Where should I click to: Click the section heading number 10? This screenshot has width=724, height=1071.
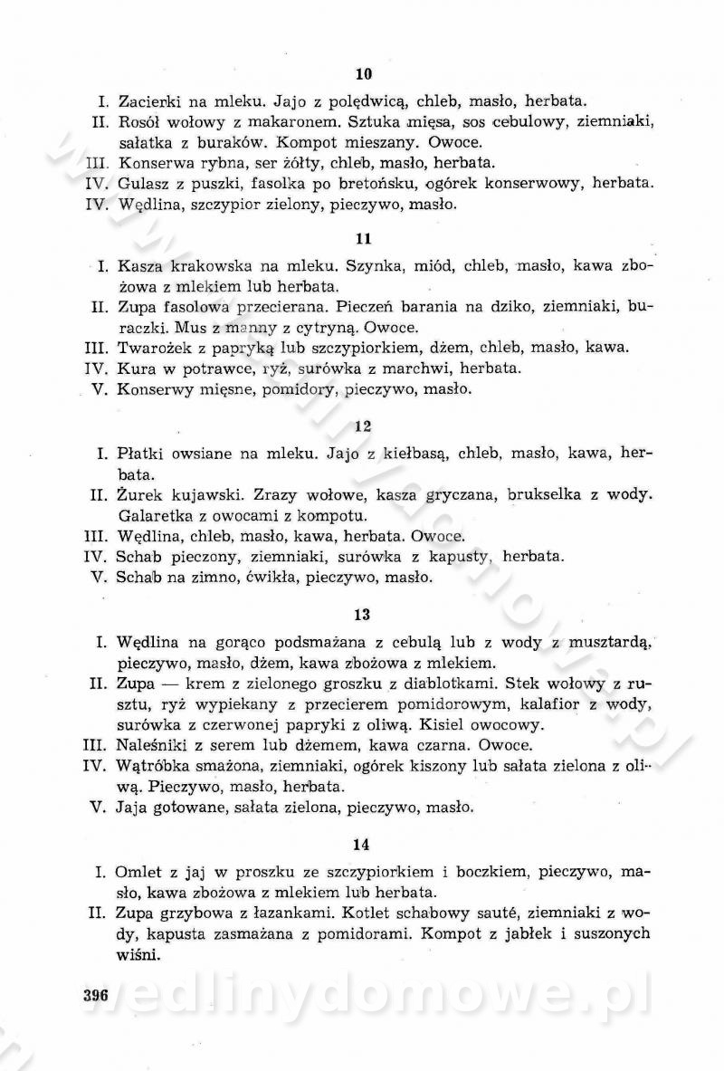363,74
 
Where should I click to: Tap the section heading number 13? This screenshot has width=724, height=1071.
363,615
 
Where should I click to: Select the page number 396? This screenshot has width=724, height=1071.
95,996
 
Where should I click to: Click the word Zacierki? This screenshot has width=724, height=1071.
150,100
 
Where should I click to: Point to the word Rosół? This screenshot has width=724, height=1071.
138,121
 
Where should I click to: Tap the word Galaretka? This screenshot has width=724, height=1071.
155,517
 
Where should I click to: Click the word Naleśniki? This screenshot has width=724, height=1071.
153,746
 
